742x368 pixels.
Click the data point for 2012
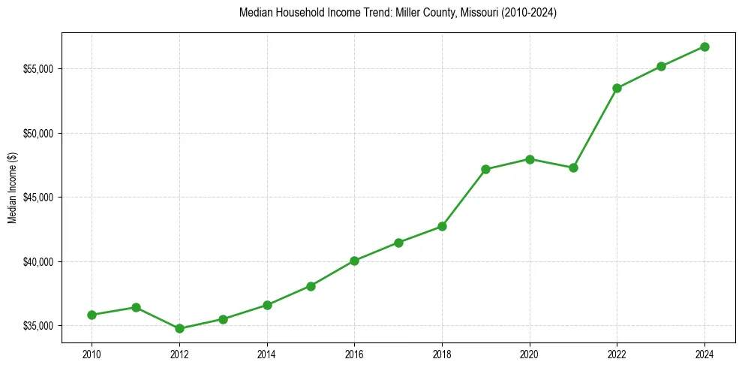point(179,328)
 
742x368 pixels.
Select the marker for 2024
point(704,47)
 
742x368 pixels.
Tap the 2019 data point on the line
point(485,169)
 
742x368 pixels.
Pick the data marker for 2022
point(617,88)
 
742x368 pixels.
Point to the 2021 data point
point(573,167)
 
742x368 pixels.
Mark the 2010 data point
point(92,315)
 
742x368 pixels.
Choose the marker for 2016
point(354,261)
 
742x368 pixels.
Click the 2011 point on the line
point(136,307)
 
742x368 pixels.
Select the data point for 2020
point(530,159)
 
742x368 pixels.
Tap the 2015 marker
point(311,286)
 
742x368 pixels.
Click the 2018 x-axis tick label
point(442,353)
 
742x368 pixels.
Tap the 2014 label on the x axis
point(267,353)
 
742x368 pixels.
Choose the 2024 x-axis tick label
point(704,353)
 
